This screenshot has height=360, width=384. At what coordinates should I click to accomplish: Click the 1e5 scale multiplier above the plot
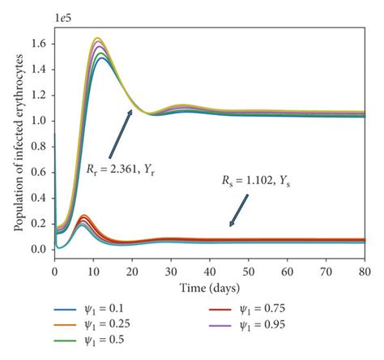[62, 15]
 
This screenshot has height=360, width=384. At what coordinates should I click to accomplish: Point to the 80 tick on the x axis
[367, 271]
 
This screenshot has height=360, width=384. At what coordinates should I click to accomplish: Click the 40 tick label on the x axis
[211, 271]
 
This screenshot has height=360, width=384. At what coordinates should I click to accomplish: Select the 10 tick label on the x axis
[93, 271]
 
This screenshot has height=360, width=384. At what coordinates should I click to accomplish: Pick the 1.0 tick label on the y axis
[38, 120]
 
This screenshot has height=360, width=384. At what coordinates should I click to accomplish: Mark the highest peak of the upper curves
[98, 38]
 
